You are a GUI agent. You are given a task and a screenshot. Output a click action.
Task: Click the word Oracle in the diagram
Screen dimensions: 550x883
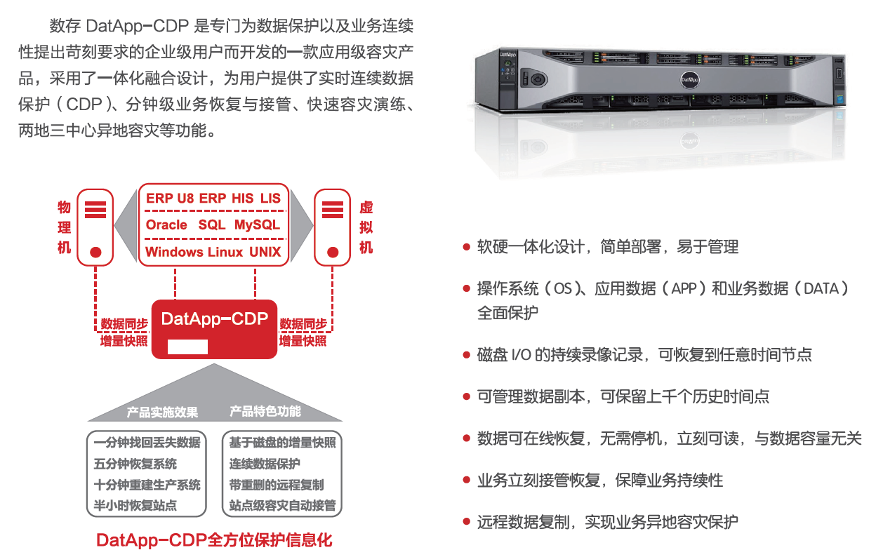pos(166,225)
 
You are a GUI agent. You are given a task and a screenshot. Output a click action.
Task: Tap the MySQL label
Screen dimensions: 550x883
pos(257,225)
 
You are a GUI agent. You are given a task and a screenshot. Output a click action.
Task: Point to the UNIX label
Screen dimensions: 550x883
pos(265,252)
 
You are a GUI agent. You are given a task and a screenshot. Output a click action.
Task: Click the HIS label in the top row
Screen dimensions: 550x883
pos(243,199)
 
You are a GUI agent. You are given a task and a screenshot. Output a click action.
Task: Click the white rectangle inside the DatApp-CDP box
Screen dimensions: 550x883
pos(187,347)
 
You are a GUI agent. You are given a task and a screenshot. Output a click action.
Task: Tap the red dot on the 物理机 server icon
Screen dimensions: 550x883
pos(97,251)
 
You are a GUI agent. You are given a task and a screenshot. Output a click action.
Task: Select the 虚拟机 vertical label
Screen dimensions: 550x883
pos(366,227)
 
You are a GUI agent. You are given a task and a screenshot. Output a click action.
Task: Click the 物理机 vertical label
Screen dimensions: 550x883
pos(65,227)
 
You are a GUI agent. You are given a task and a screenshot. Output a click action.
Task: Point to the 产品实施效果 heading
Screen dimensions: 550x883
pos(162,412)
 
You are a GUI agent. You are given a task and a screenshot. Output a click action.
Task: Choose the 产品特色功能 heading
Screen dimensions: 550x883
pos(265,411)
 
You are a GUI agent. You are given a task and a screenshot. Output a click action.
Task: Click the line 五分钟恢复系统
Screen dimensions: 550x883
pos(135,464)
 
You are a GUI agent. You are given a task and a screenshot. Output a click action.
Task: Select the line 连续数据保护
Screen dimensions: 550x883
pos(265,464)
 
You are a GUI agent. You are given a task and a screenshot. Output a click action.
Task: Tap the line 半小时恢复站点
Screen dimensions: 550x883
pos(135,505)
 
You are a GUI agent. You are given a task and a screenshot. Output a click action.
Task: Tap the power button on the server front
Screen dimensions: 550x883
pos(537,78)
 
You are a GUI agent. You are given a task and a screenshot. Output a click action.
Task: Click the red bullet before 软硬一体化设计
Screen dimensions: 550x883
pos(467,247)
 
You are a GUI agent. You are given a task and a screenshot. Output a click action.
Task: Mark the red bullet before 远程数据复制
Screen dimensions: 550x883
pos(467,522)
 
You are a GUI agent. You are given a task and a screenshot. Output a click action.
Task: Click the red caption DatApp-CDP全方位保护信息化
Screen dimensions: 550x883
pos(214,540)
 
